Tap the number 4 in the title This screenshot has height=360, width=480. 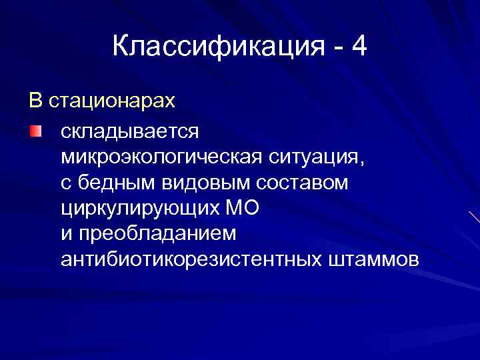click(359, 47)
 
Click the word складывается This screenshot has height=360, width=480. click(129, 131)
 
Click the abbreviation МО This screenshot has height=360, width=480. click(243, 208)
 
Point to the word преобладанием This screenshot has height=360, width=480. click(157, 233)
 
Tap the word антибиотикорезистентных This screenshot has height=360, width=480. click(191, 259)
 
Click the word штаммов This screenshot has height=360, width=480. click(374, 259)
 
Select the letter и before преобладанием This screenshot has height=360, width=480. click(65, 235)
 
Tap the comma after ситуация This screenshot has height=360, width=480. click(363, 163)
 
